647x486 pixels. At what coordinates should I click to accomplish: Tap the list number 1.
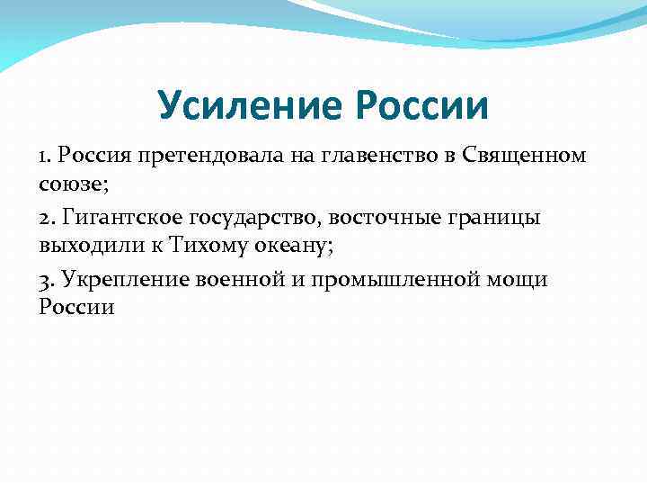(44, 156)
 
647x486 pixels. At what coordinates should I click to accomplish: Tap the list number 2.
(46, 218)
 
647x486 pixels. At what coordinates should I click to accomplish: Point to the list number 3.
(46, 280)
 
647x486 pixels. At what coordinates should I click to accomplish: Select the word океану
(294, 245)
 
